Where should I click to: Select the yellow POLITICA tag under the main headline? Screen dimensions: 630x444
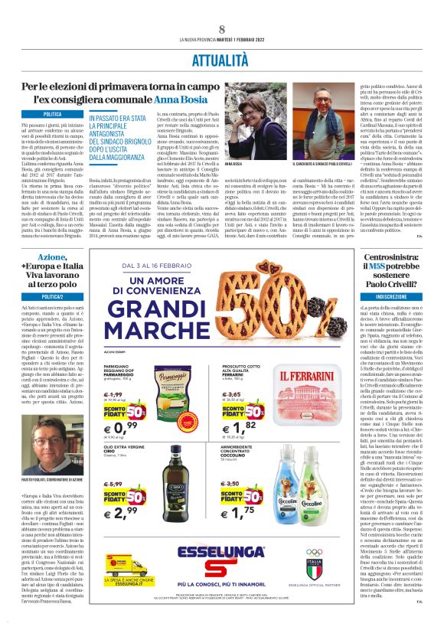52,114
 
